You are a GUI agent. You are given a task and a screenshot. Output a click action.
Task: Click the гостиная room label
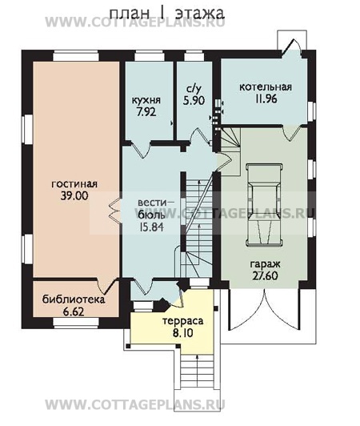point(74,184)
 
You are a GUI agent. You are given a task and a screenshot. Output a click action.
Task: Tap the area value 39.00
point(74,195)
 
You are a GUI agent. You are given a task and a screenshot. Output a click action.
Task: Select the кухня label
point(146,100)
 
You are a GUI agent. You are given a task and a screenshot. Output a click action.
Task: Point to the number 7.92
point(146,111)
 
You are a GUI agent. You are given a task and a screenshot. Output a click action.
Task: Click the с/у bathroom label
point(194,89)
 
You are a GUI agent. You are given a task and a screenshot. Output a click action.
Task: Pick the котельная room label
point(266,87)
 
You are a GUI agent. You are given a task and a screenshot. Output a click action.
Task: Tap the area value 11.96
point(266,98)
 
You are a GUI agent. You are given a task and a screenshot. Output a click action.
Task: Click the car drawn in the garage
point(263,205)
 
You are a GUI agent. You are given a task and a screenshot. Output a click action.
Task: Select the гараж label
point(265,264)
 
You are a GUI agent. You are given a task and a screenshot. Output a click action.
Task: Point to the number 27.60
point(265,275)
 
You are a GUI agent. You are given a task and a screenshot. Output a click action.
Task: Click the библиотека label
point(74,299)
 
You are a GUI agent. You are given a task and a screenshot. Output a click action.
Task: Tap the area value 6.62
point(74,312)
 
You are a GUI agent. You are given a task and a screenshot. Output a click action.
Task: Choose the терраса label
point(182,321)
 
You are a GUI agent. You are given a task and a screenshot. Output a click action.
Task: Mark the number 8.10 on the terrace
point(183,333)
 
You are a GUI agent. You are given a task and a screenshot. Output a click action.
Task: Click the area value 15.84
point(151,227)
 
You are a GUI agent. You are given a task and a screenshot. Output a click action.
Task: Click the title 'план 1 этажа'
point(166,13)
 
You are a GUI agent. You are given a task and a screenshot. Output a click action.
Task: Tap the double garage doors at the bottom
point(264,309)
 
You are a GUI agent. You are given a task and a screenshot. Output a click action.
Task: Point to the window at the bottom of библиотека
point(76,322)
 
